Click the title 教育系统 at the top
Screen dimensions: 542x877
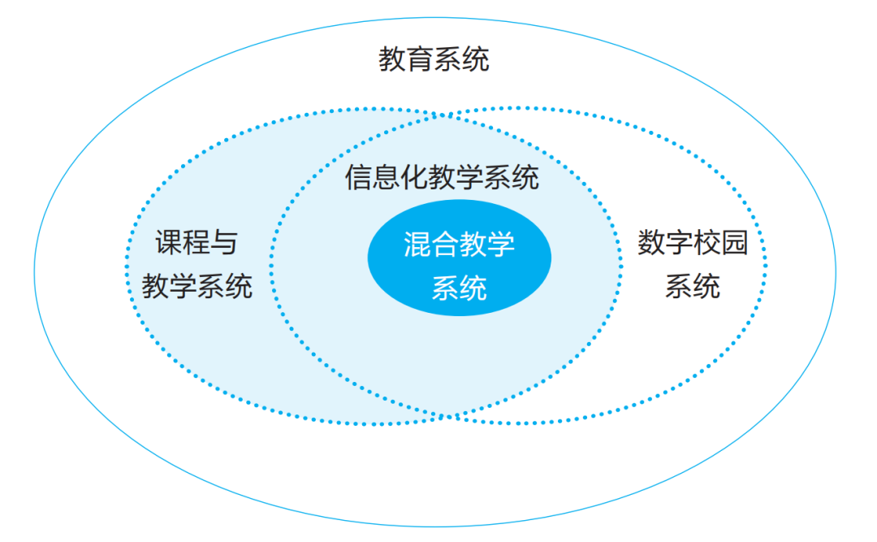(x=434, y=60)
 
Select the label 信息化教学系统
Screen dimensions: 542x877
(x=442, y=178)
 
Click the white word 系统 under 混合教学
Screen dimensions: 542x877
(x=459, y=288)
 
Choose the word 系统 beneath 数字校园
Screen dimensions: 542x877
(x=693, y=286)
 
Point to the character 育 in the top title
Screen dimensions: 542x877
(x=420, y=60)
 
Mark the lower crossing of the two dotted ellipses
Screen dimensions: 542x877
(x=448, y=417)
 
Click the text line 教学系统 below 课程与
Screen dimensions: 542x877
(x=197, y=286)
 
